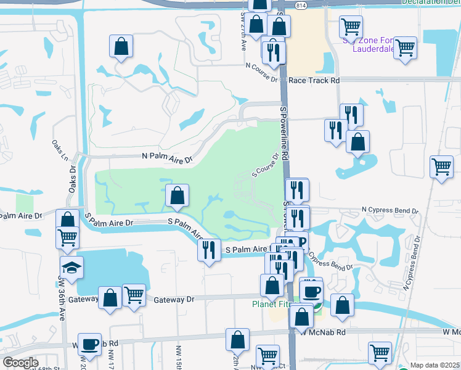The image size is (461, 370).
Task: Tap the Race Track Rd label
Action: click(314, 80)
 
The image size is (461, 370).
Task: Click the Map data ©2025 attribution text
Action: click(434, 365)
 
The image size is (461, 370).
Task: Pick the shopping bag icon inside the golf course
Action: click(177, 196)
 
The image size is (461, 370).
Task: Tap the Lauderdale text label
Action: click(370, 49)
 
